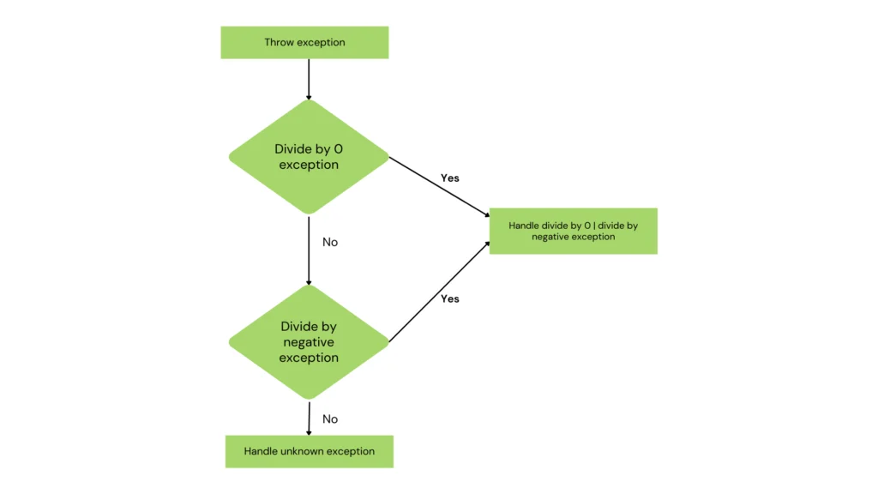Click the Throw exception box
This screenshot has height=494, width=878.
(x=304, y=42)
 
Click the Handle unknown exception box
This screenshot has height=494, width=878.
(x=309, y=451)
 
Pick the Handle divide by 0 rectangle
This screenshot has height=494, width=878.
(x=573, y=231)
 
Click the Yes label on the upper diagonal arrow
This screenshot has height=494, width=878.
(x=450, y=178)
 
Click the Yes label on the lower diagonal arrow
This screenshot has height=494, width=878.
(x=450, y=298)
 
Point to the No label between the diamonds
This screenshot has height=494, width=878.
(x=330, y=243)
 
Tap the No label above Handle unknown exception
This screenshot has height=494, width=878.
(x=330, y=419)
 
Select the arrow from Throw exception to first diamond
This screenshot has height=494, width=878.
(x=308, y=79)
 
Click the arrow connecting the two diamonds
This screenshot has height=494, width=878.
(x=308, y=249)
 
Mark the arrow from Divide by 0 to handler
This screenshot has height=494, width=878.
(x=439, y=185)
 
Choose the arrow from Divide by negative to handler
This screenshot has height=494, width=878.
(x=439, y=292)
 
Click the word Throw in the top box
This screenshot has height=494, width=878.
(x=278, y=42)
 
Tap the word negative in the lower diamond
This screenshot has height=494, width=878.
(x=309, y=342)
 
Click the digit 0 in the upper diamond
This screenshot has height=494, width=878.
(x=338, y=149)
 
